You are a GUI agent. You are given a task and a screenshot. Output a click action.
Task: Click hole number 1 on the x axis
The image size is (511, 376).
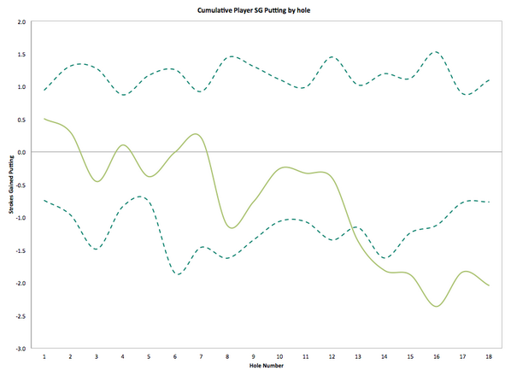coord(44,355)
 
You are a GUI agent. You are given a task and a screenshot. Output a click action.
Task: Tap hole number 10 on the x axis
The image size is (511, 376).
coord(279,355)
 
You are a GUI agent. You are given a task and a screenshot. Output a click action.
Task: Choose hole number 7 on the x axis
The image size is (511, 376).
coord(201,355)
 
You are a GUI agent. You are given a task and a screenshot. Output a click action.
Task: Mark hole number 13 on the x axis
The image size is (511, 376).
coord(358,355)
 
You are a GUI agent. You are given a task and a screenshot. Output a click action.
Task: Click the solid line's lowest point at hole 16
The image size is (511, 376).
coord(437,306)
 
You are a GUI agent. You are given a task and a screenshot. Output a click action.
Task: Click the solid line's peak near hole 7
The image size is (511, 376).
coord(197,134)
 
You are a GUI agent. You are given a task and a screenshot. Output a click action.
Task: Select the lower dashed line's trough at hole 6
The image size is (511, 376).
coord(177,274)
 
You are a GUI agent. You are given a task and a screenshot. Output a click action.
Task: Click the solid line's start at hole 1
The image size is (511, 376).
coord(44,119)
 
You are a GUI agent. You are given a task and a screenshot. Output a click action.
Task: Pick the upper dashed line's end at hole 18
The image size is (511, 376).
coord(489,80)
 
